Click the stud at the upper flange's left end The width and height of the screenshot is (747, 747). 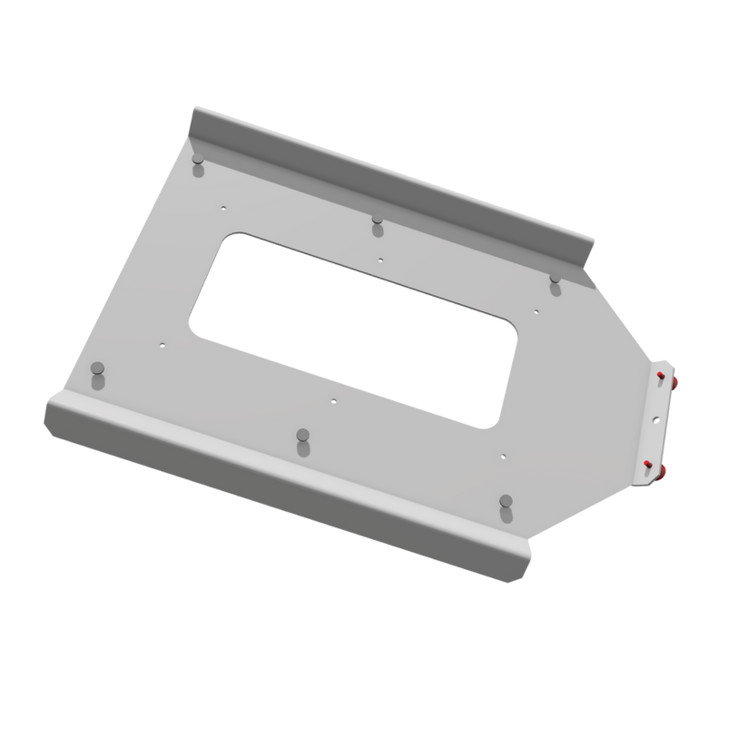(196, 164)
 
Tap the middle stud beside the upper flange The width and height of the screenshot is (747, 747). (377, 222)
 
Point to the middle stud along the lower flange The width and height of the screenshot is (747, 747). (302, 437)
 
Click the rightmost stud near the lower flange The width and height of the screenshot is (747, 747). (505, 502)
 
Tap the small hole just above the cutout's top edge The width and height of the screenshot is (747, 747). (381, 259)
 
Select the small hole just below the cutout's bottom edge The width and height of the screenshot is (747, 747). (333, 399)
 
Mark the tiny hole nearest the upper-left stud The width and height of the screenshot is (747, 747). (222, 207)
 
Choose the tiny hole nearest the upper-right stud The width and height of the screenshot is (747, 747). (537, 311)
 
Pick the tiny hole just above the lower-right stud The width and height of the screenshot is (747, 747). (503, 455)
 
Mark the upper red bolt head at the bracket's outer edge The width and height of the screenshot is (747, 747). (679, 380)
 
